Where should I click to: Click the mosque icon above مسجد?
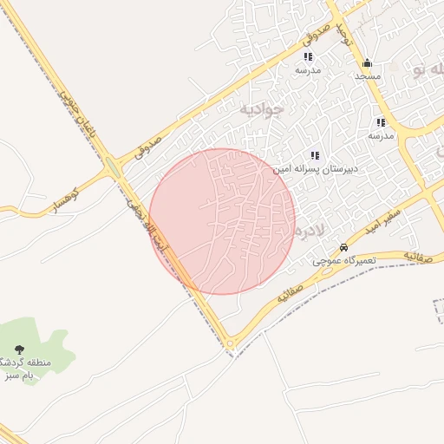367,63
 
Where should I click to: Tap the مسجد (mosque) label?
368,76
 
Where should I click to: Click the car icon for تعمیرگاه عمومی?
344,247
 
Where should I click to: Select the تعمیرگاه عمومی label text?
344,260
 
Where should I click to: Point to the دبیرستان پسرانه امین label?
312,169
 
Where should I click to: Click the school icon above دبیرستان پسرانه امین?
314,155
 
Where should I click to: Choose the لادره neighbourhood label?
309,232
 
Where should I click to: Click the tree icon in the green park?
19,349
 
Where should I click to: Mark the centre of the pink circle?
222,221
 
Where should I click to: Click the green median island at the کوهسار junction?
112,166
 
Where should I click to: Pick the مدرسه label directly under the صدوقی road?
308,69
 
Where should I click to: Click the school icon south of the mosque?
381,122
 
